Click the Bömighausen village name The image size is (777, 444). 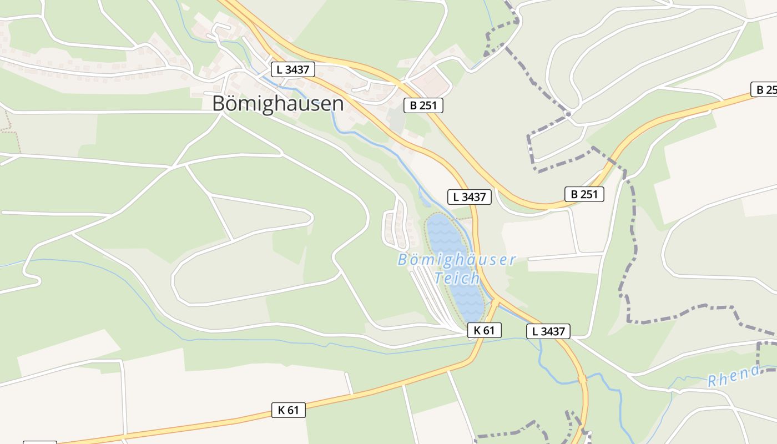[278, 104]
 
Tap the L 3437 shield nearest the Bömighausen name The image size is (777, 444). [293, 69]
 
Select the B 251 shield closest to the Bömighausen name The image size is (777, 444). [423, 105]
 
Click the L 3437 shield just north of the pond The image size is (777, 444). [470, 196]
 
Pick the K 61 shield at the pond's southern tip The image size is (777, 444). [484, 330]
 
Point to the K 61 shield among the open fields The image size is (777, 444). [289, 410]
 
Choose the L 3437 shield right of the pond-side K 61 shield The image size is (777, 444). [548, 331]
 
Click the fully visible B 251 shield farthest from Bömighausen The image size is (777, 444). [584, 194]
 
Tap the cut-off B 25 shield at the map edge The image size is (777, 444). [765, 89]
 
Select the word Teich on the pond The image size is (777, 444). [457, 278]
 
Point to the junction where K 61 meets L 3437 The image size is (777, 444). [496, 302]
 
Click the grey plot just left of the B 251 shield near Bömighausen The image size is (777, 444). [396, 118]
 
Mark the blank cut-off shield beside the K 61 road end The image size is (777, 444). [39, 442]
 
